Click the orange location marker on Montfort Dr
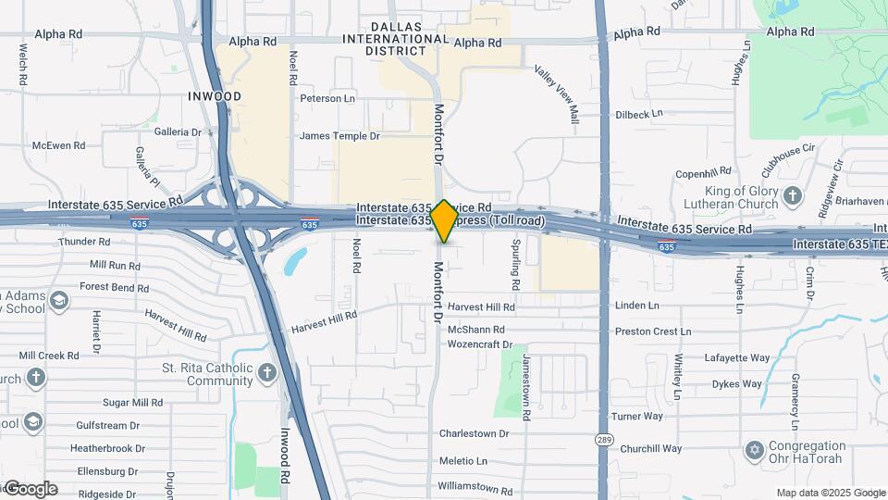click(x=445, y=221)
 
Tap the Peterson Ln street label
click(x=327, y=98)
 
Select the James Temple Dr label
click(x=339, y=136)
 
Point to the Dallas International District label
click(x=396, y=39)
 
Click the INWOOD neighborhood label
click(x=215, y=96)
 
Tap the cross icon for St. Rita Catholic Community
click(x=267, y=373)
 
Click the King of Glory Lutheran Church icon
click(x=793, y=195)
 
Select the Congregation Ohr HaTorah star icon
click(x=754, y=450)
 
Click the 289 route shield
click(x=604, y=439)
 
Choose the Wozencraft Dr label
click(x=479, y=344)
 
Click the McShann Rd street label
click(x=476, y=330)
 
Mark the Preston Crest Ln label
click(x=652, y=331)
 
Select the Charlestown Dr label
click(x=474, y=433)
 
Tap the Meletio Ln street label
click(x=462, y=461)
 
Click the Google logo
click(x=30, y=489)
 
